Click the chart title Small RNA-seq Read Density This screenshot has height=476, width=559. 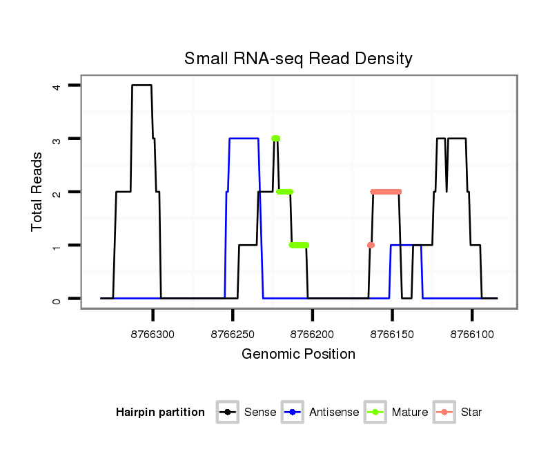click(298, 59)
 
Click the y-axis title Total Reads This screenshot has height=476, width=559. click(38, 192)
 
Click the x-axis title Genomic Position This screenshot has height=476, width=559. click(298, 355)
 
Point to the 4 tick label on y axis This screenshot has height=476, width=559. click(57, 86)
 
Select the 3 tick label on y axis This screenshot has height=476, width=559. click(57, 139)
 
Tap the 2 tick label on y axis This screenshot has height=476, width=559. click(57, 192)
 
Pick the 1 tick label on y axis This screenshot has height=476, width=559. click(57, 246)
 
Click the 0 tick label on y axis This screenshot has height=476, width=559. click(57, 299)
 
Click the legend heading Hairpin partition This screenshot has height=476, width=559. click(160, 413)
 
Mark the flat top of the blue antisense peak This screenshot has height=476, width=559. click(244, 139)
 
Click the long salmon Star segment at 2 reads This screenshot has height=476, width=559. click(386, 192)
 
